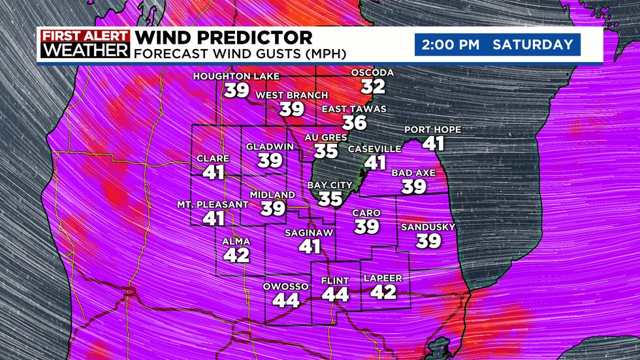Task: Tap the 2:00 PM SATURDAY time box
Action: (498, 45)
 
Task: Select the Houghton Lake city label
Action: (236, 77)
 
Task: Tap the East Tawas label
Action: (355, 108)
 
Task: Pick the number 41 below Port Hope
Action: (432, 143)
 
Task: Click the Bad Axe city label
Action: (413, 173)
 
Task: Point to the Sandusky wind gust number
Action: (429, 240)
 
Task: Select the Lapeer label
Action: (383, 278)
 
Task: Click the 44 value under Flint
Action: (336, 295)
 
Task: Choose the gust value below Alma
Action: (236, 254)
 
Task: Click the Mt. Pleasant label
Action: (213, 205)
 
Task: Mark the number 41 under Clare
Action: (213, 172)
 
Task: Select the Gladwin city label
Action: (264, 146)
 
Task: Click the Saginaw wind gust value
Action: (310, 246)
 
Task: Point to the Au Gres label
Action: (326, 138)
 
